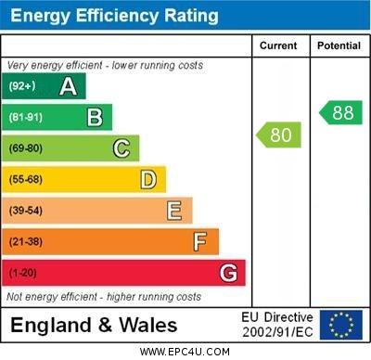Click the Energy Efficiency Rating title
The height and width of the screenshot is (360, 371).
point(113,16)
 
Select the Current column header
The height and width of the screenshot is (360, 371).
point(278,45)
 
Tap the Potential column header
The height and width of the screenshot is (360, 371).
point(339,45)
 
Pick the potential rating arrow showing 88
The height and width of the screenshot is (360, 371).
point(340,112)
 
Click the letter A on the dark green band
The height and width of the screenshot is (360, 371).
point(68,86)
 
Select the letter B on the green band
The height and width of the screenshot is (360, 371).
point(95,118)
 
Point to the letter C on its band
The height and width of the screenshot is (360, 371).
point(122,148)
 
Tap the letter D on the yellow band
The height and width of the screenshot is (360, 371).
point(148,179)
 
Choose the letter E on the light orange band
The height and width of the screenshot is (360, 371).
point(174,211)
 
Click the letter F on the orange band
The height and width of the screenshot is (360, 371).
point(200,241)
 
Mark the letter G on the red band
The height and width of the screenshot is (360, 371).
point(228,273)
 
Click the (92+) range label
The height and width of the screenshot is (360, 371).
point(22,86)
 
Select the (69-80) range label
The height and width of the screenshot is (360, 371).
point(26,148)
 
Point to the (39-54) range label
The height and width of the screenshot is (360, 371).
point(26,211)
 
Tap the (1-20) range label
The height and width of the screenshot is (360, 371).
point(23,273)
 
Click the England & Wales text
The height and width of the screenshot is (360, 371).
point(94,326)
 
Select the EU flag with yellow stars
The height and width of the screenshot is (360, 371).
point(341,325)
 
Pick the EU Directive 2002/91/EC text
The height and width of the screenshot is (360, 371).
point(277,325)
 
